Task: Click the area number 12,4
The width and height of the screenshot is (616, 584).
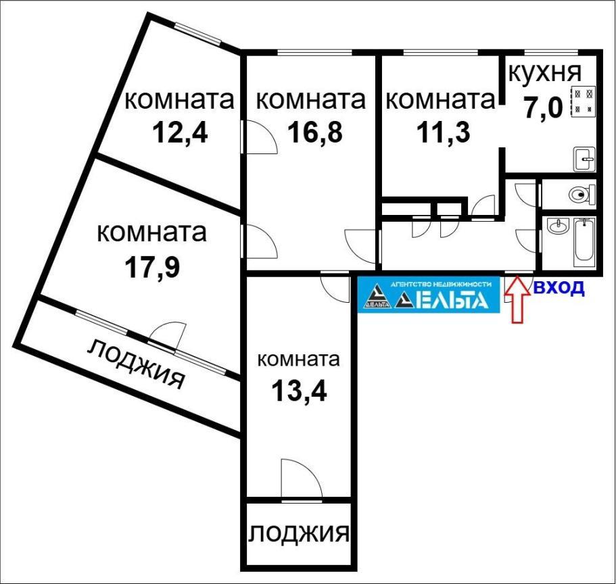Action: coord(180,132)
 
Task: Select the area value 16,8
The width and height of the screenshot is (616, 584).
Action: coord(315,132)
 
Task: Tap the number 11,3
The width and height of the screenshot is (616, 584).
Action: coord(443,132)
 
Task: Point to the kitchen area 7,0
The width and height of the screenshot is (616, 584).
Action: coord(543,107)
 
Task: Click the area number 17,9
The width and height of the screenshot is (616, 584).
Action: coord(152,267)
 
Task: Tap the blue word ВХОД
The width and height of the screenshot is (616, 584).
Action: coord(559,288)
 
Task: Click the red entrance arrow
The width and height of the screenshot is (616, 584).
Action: coord(517,299)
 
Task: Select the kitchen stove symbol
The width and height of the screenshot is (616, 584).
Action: coord(584,101)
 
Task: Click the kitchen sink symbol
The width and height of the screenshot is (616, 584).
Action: coord(585,160)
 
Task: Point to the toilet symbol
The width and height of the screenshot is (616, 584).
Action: coord(582,194)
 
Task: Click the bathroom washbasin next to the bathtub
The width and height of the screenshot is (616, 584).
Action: coord(558,226)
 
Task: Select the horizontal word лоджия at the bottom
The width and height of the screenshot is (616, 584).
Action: coord(299,533)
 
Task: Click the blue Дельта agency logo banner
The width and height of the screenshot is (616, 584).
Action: coord(429,295)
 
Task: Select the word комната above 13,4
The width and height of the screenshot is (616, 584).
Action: coord(299,360)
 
